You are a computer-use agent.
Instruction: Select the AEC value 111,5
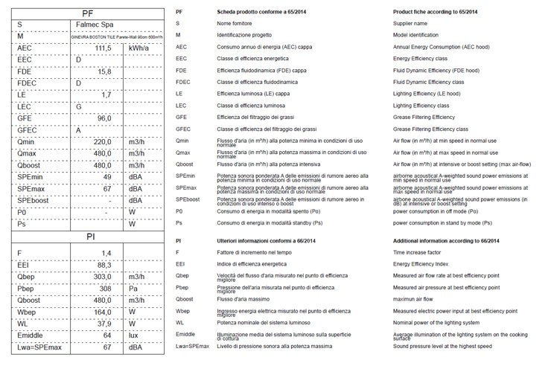point(103,48)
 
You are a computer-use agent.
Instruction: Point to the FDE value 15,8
point(104,71)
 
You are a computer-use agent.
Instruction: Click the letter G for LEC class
point(78,106)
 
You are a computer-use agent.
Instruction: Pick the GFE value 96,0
point(103,118)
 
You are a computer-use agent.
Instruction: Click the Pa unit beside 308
point(133,289)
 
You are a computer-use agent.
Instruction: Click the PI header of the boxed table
point(88,238)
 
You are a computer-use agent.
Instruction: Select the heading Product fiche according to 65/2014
point(435,13)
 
